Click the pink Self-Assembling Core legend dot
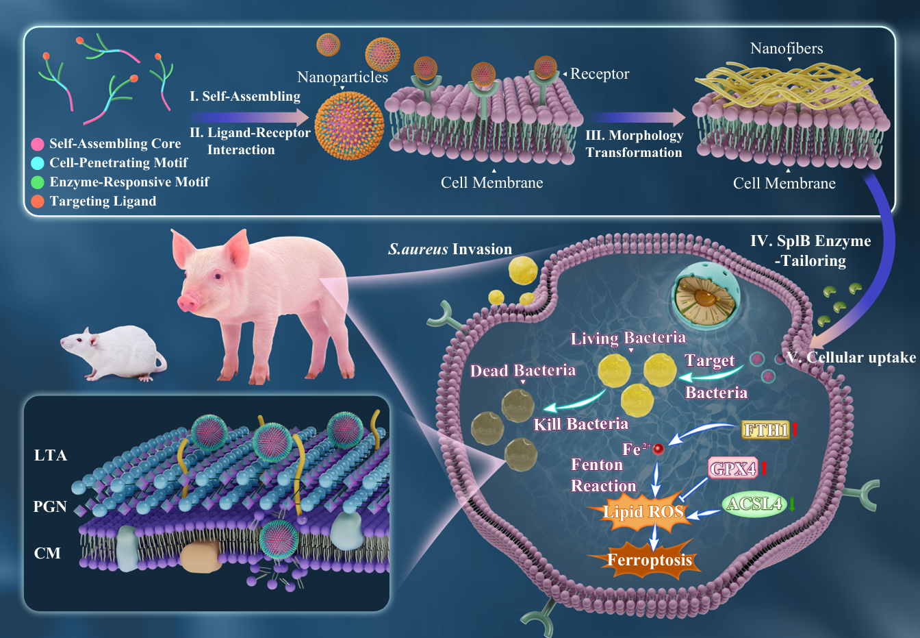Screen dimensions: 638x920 click(38, 144)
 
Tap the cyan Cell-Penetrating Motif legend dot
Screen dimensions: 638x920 click(38, 163)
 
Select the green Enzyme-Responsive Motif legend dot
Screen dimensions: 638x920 click(38, 182)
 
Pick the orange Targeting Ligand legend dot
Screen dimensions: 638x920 click(38, 201)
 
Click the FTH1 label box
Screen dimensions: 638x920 click(766, 430)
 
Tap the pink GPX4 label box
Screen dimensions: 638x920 click(732, 469)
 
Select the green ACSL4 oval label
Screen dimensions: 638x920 click(754, 504)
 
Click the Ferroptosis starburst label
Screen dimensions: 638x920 click(650, 560)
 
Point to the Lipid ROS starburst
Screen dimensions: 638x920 click(643, 512)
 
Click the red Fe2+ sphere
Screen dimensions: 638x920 click(658, 450)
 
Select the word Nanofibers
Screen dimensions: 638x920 click(787, 49)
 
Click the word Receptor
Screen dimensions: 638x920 click(600, 74)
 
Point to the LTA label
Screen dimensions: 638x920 click(51, 456)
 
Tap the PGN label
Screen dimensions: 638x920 click(50, 507)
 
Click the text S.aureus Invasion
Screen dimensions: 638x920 click(450, 249)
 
